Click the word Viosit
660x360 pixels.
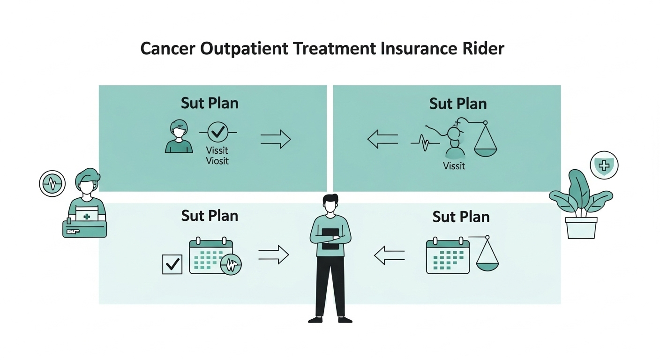[217, 161]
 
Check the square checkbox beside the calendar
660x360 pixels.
[172, 264]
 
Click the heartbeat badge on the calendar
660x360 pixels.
[231, 264]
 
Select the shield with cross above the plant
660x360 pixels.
[604, 165]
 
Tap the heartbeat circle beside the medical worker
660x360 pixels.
[52, 183]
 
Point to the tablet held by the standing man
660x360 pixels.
[330, 239]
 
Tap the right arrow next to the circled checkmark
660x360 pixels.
[275, 139]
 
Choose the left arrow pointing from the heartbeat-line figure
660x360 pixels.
[382, 139]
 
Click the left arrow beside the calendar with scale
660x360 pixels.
[389, 255]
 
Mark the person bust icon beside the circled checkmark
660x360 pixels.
[179, 137]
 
